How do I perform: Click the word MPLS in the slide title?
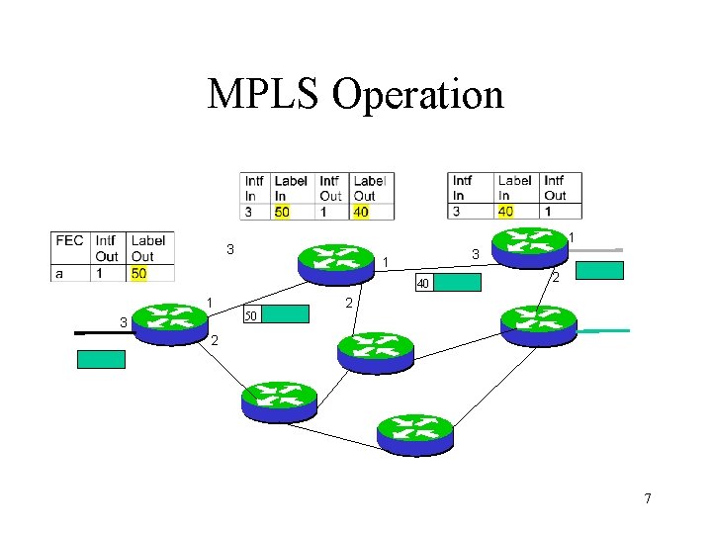(264, 95)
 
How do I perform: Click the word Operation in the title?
(417, 96)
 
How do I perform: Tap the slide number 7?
(648, 498)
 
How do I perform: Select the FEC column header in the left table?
(69, 240)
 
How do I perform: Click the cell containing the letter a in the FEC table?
(59, 272)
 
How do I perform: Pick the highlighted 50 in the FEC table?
(139, 272)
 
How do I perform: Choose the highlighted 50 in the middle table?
(282, 211)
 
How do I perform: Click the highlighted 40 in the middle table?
(362, 211)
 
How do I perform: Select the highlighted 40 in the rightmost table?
(505, 211)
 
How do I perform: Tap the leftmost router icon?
(170, 322)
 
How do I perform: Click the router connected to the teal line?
(538, 324)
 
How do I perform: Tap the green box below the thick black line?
(102, 359)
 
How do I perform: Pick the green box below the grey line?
(599, 271)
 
